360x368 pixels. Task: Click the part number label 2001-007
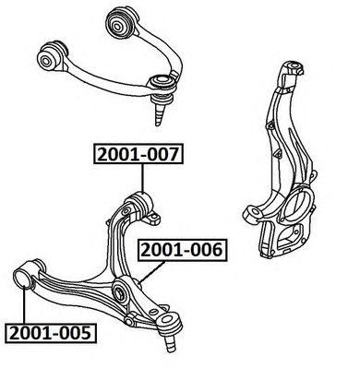138,154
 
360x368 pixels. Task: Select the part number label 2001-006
182,250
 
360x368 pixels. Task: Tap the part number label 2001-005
51,333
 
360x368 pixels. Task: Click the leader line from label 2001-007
143,178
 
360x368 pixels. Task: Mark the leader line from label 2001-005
24,303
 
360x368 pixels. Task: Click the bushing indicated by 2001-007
140,205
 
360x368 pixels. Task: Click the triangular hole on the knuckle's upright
278,153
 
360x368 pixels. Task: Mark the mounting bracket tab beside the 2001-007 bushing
153,219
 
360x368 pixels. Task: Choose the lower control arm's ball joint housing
168,319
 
